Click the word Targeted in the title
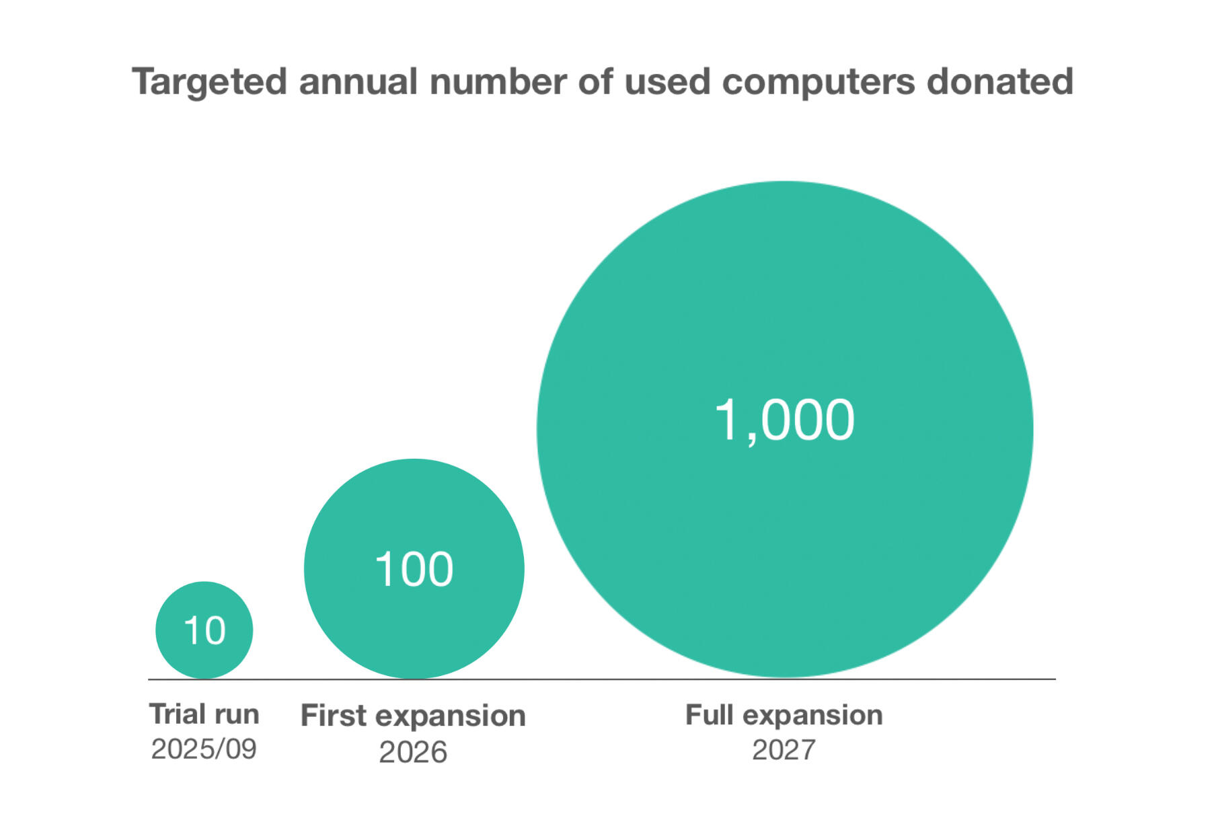point(209,83)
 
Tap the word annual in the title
point(358,81)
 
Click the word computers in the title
point(819,83)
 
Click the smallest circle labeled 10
point(204,630)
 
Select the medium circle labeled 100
point(414,569)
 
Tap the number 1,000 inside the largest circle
point(784,420)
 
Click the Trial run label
point(204,714)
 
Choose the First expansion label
point(413,716)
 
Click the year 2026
point(413,752)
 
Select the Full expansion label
point(784,715)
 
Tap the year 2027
point(784,750)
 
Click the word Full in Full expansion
point(709,715)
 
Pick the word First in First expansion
point(333,716)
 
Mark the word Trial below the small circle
point(178,714)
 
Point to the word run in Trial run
point(235,715)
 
